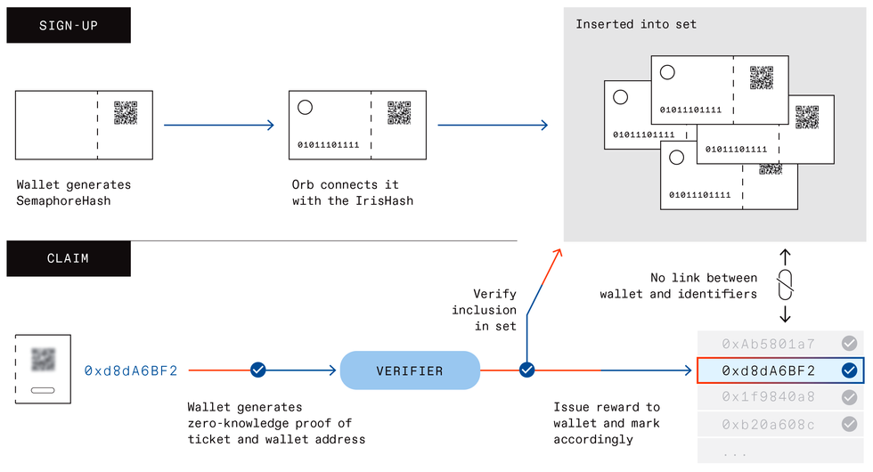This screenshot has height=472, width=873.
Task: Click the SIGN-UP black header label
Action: [69, 26]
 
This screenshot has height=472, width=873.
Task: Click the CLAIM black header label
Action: [69, 258]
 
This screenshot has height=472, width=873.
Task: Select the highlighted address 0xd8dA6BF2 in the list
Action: [769, 370]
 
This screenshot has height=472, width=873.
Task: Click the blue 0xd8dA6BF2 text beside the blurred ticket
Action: [131, 370]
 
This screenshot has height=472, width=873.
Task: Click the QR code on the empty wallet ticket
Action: [126, 113]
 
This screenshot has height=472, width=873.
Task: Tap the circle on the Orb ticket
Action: [305, 108]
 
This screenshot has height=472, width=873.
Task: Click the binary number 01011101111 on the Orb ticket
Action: [329, 144]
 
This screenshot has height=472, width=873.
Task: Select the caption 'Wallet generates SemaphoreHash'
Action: [74, 193]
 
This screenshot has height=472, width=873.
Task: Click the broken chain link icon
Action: [785, 286]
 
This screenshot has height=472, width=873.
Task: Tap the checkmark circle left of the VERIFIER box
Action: [258, 370]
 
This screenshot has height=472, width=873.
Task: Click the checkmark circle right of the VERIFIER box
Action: [526, 370]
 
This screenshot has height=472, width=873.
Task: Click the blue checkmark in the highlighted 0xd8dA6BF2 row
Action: [849, 370]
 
